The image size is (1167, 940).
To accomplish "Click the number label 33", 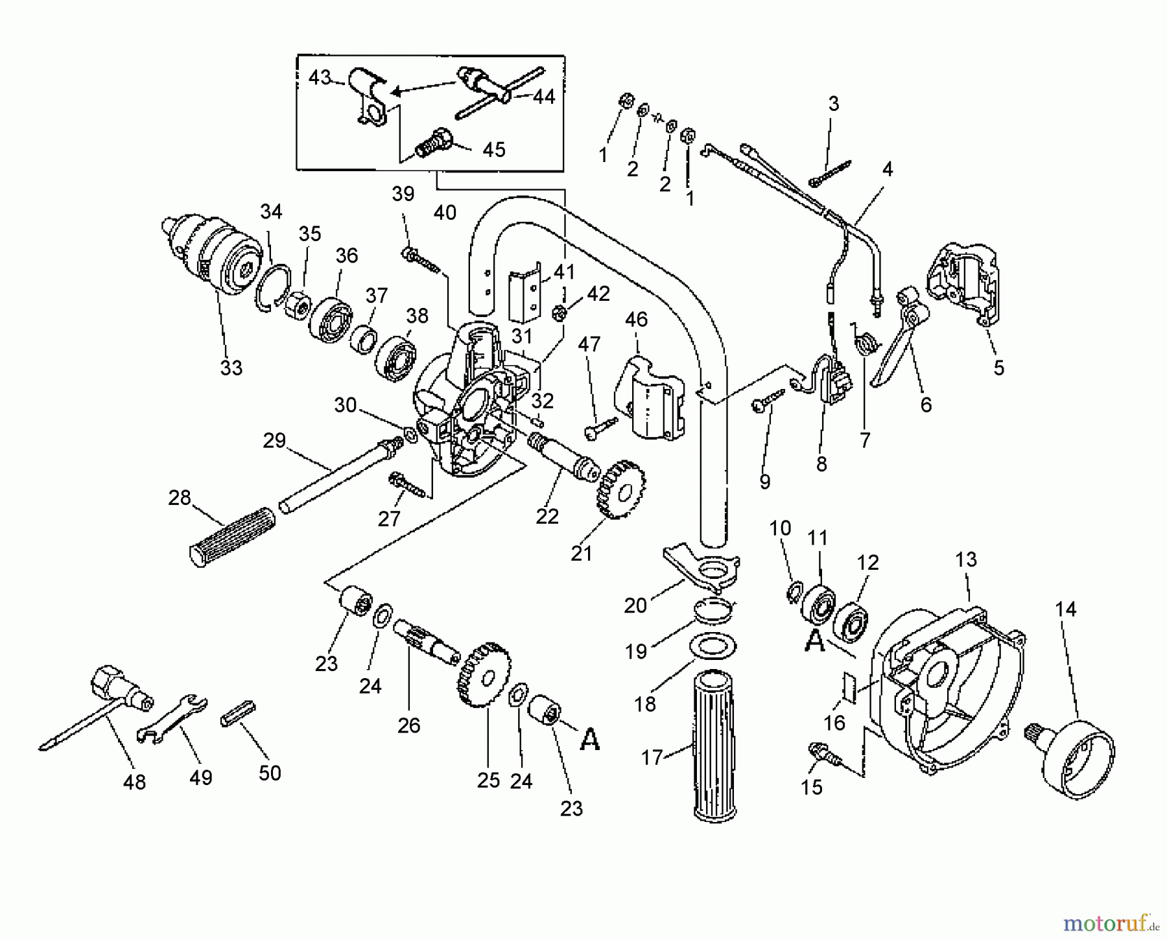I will point(231,368).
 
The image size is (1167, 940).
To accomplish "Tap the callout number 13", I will point(966,559).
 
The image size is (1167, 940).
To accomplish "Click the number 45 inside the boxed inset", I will point(494,150).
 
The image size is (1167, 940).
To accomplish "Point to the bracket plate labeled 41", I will point(524,295).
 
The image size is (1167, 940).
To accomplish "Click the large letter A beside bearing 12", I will point(814,641).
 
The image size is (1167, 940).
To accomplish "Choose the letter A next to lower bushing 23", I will point(589,739).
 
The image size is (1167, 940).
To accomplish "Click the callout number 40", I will point(445,213).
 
